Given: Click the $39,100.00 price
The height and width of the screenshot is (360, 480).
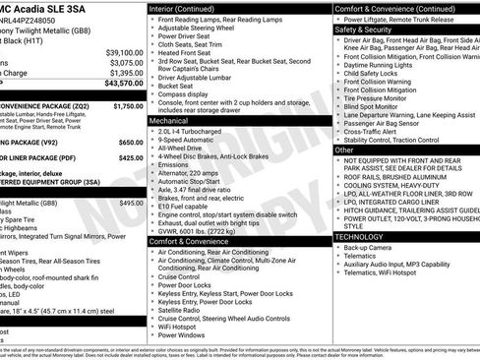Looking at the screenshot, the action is coord(123,51).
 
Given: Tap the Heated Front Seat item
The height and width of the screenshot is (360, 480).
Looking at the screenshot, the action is coord(191,52).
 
